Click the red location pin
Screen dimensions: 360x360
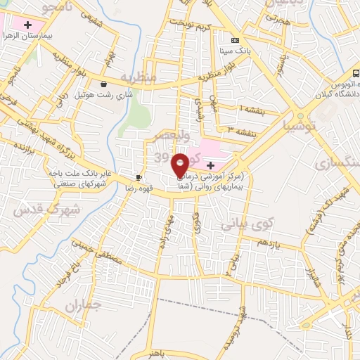pos(180,164)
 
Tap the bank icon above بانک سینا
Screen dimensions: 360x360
pos(235,40)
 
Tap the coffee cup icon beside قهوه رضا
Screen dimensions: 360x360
pos(139,177)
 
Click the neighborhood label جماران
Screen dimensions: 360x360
pos(84,306)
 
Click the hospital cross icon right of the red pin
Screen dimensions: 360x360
pos(210,165)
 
